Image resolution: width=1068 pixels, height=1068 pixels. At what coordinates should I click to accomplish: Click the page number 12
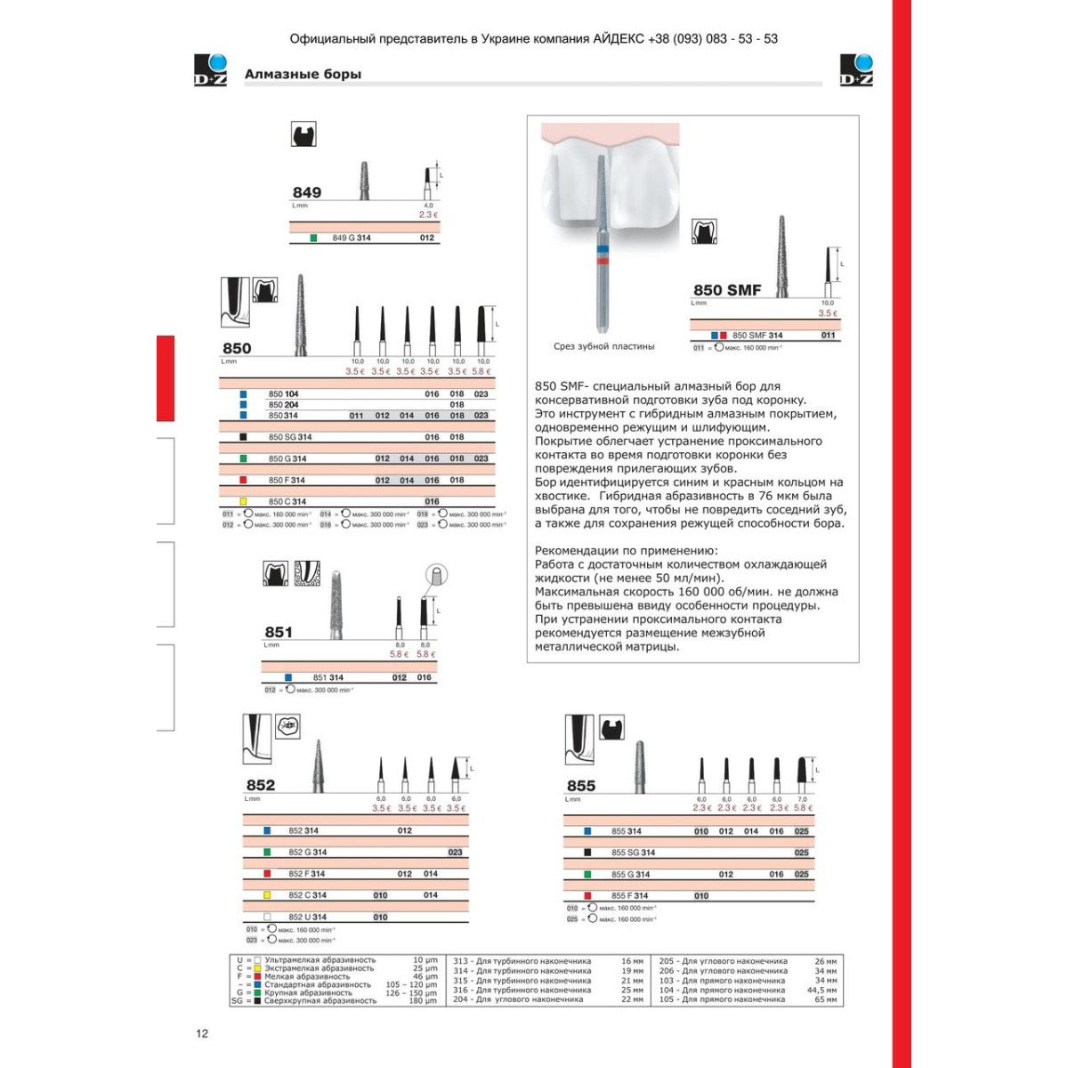click(202, 1033)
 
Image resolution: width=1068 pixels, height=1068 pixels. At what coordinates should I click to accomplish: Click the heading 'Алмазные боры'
click(303, 74)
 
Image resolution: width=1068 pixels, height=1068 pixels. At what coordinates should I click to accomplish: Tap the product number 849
click(307, 192)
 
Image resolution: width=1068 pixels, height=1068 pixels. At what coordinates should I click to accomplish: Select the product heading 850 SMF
click(727, 289)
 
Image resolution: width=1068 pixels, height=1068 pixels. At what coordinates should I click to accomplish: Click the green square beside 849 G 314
click(313, 238)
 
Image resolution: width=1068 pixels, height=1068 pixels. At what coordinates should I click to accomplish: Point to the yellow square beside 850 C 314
click(243, 502)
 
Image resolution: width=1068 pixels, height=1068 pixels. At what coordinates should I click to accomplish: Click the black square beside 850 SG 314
click(243, 437)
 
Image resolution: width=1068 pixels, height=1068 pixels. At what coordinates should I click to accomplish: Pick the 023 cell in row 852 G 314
click(455, 853)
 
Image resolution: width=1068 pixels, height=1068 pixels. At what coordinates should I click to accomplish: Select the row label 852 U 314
click(307, 917)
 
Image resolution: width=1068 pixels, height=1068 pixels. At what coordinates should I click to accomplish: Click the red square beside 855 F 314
click(587, 896)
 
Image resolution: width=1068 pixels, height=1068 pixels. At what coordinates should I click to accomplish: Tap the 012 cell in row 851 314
click(400, 677)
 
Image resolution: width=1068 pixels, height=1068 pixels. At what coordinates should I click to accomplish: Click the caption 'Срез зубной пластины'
click(603, 346)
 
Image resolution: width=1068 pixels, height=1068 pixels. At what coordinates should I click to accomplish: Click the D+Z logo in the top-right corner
click(856, 70)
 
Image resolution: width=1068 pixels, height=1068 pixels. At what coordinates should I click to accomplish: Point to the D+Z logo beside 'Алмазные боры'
click(211, 70)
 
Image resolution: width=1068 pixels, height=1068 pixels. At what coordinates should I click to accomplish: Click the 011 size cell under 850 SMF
click(828, 336)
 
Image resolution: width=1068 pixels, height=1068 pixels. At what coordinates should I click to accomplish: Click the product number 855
click(580, 785)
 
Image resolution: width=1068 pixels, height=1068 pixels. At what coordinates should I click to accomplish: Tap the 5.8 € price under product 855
click(803, 808)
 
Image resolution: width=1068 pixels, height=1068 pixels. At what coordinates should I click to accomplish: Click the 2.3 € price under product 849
click(428, 214)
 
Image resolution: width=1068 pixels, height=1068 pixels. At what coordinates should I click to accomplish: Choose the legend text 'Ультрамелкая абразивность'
click(320, 960)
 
